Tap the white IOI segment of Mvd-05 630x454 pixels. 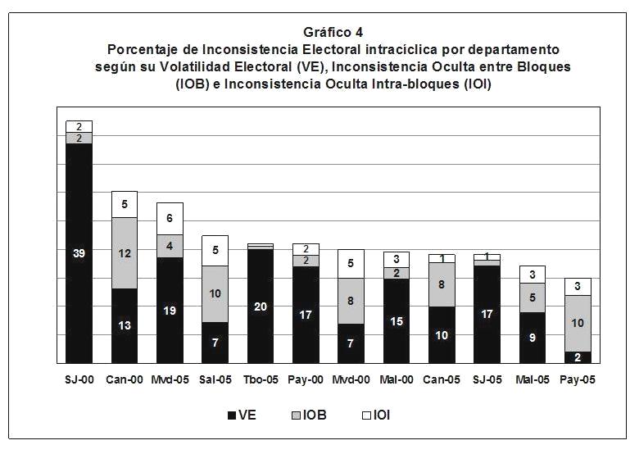(170, 218)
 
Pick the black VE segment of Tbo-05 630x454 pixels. (260, 306)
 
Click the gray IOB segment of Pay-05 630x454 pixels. (577, 323)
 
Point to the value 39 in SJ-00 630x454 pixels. (79, 253)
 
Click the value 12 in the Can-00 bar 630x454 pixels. (125, 253)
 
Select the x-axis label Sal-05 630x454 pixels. (215, 381)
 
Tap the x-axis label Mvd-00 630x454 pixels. (351, 381)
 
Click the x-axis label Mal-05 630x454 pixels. (532, 381)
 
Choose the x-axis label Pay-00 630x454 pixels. (306, 381)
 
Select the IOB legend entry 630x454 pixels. (306, 415)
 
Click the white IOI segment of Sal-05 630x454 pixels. (215, 250)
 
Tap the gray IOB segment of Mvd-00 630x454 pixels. (351, 301)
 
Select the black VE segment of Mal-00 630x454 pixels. (396, 320)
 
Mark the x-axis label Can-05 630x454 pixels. (441, 381)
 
